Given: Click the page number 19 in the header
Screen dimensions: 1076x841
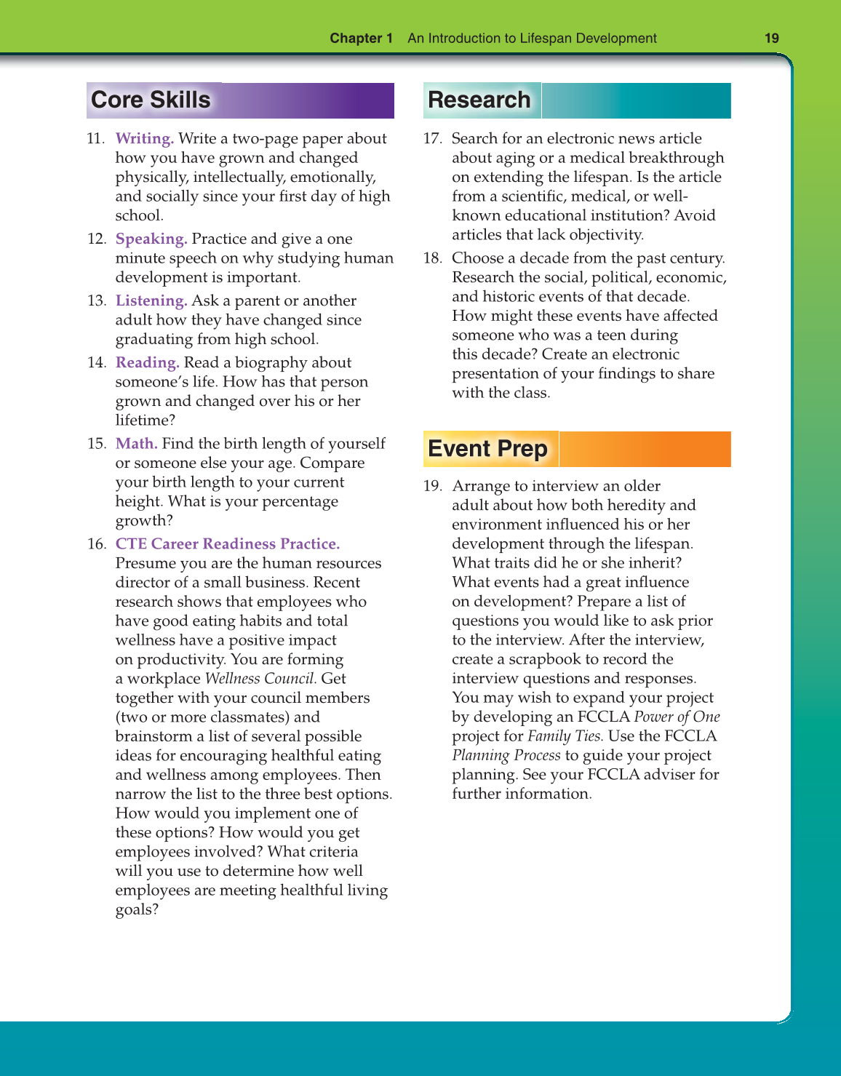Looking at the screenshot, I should pyautogui.click(x=772, y=38).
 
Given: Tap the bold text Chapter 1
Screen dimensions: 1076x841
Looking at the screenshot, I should pyautogui.click(x=361, y=38).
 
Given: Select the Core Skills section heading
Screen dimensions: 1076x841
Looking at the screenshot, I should pyautogui.click(x=151, y=100).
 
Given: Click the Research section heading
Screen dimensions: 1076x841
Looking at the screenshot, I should pyautogui.click(x=479, y=100).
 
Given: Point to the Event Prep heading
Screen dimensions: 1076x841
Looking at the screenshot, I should pyautogui.click(x=487, y=449).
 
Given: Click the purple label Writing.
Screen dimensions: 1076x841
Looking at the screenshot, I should pyautogui.click(x=144, y=138).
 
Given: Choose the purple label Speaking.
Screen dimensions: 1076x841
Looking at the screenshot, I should pyautogui.click(x=151, y=239).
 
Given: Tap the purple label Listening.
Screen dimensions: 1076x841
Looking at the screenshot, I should pyautogui.click(x=151, y=300).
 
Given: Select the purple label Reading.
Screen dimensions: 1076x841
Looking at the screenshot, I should pyautogui.click(x=147, y=362).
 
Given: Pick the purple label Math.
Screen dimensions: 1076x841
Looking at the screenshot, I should pyautogui.click(x=136, y=444).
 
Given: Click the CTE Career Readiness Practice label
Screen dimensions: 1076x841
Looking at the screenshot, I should pyautogui.click(x=227, y=544).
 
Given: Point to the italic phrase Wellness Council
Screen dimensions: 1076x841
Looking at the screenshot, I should pyautogui.click(x=260, y=679).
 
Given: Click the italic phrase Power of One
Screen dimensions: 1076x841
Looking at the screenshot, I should pyautogui.click(x=677, y=717).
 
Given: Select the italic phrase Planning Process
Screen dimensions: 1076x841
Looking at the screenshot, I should pyautogui.click(x=506, y=755).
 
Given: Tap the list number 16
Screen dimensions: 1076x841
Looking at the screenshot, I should pyautogui.click(x=96, y=544).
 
